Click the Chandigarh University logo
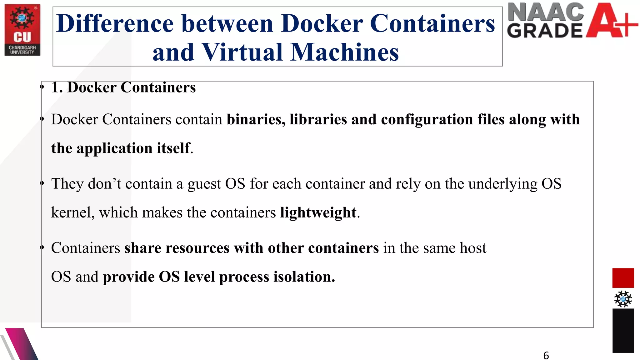22,30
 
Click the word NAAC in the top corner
545,12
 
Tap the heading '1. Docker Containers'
123,87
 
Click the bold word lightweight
318,213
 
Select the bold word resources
197,248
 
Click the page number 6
546,355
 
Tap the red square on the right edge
623,277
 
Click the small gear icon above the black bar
623,299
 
